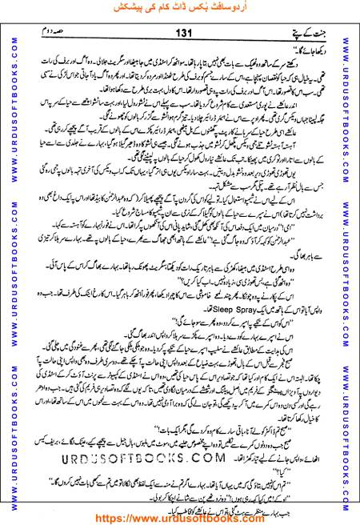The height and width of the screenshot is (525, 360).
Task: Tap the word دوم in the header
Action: (x=50, y=31)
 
